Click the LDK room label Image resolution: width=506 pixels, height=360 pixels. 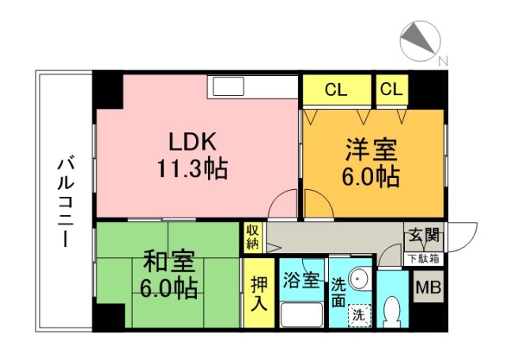(193, 142)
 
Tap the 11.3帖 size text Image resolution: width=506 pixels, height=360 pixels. (193, 169)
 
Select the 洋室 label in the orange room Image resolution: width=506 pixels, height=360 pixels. (371, 150)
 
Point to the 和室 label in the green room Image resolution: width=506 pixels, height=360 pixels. (168, 261)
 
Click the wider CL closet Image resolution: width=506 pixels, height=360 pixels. (336, 89)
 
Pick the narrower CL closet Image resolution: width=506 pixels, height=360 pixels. (392, 89)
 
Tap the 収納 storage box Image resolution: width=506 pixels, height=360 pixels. (253, 237)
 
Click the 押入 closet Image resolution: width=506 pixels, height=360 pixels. (259, 293)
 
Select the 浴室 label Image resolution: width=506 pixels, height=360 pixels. (301, 279)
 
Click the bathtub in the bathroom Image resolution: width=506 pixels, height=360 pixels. (302, 314)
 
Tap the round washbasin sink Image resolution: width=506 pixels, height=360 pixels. (358, 277)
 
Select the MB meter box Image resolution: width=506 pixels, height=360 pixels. (429, 286)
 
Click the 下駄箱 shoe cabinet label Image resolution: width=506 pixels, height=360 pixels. (423, 259)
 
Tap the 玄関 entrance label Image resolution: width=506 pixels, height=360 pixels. (424, 235)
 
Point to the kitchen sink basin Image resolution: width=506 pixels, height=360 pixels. (228, 86)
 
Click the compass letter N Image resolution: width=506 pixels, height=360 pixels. (443, 60)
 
